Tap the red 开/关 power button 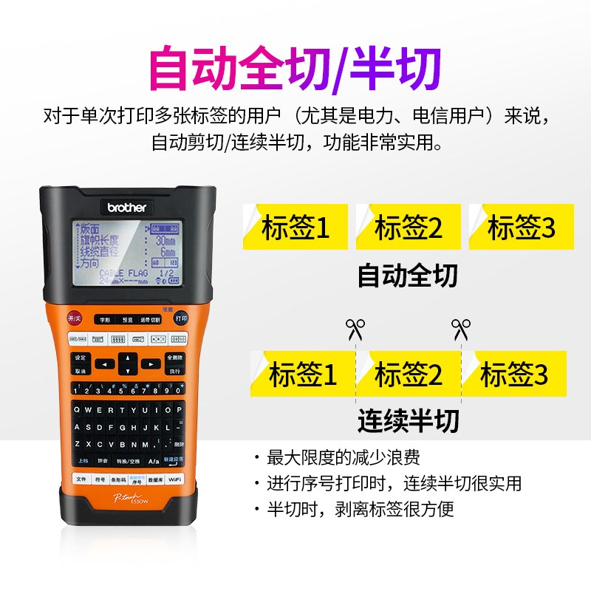point(75,318)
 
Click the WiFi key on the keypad point(174,479)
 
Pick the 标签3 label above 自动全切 point(521,228)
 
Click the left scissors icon point(356,327)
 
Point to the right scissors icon point(461,327)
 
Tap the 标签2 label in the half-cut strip point(409,375)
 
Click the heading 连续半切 point(408,420)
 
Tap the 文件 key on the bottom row point(81,479)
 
